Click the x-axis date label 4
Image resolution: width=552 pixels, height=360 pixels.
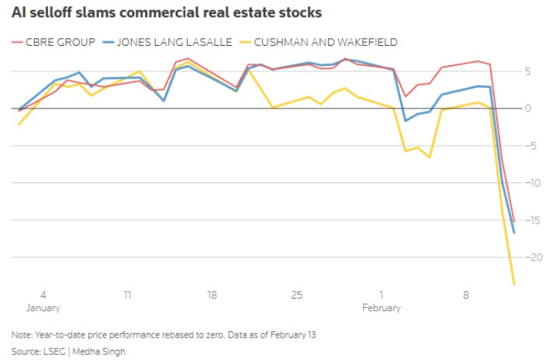click(43, 296)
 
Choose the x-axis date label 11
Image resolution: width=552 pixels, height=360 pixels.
click(127, 296)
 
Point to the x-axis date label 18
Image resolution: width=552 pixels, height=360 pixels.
click(212, 296)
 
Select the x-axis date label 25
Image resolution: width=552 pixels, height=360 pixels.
click(297, 296)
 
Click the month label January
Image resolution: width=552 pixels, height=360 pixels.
click(43, 308)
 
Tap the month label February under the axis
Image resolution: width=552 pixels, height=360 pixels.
click(381, 308)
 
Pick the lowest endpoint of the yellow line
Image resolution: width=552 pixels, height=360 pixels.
click(514, 285)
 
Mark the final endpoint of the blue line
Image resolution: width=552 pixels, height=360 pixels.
click(514, 233)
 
